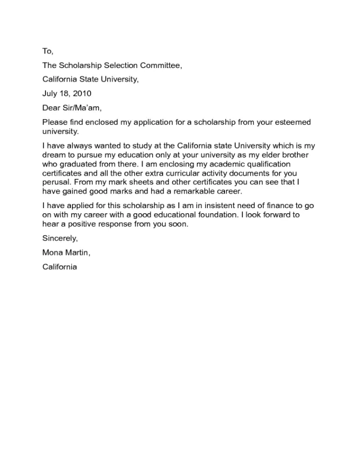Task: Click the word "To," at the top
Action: [47, 51]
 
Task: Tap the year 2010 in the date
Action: [81, 93]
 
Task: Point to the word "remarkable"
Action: [183, 191]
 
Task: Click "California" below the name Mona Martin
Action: [60, 267]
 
